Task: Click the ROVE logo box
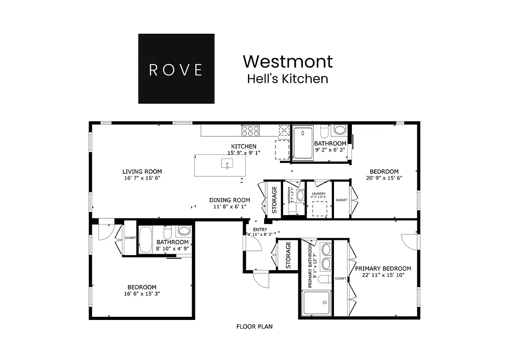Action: tap(176, 69)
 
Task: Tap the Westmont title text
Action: tap(288, 61)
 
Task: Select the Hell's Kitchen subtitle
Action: tap(288, 79)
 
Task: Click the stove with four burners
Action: tap(251, 130)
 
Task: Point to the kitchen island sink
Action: tap(227, 163)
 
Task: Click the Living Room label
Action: tap(142, 171)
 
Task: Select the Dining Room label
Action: tap(230, 200)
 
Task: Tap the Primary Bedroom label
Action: tap(383, 268)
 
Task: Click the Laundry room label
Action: tap(319, 194)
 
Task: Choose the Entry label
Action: tap(260, 229)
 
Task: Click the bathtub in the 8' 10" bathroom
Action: tap(145, 240)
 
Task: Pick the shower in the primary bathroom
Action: tap(316, 303)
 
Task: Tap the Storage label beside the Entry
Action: tap(288, 255)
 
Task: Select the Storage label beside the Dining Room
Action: tap(275, 199)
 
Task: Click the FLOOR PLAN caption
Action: tap(254, 327)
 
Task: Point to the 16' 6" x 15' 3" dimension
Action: tap(142, 294)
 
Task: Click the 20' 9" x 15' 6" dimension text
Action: tap(384, 178)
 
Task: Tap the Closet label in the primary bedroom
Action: tap(341, 278)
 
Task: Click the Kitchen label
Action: tap(244, 146)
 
